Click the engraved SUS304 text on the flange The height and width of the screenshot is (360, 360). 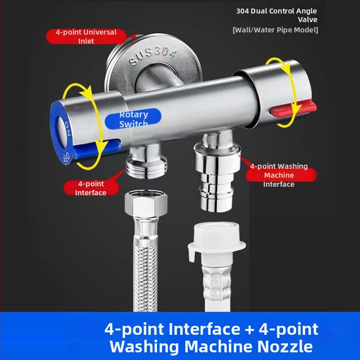point(153,55)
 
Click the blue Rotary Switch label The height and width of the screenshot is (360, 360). point(133,119)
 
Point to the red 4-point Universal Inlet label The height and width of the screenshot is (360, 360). point(86,36)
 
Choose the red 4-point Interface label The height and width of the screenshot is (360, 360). point(91,188)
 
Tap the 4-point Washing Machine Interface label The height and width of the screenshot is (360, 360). point(279,175)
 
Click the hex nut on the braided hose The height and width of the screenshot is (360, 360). point(146,203)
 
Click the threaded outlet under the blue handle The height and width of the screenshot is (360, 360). point(146,165)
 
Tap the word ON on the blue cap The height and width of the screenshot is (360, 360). point(68,129)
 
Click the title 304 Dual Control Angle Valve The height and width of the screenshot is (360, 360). point(277,15)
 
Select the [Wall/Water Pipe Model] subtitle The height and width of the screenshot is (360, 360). point(275,30)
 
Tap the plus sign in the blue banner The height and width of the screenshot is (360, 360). point(250,329)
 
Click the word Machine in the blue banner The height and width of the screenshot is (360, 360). point(219,346)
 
